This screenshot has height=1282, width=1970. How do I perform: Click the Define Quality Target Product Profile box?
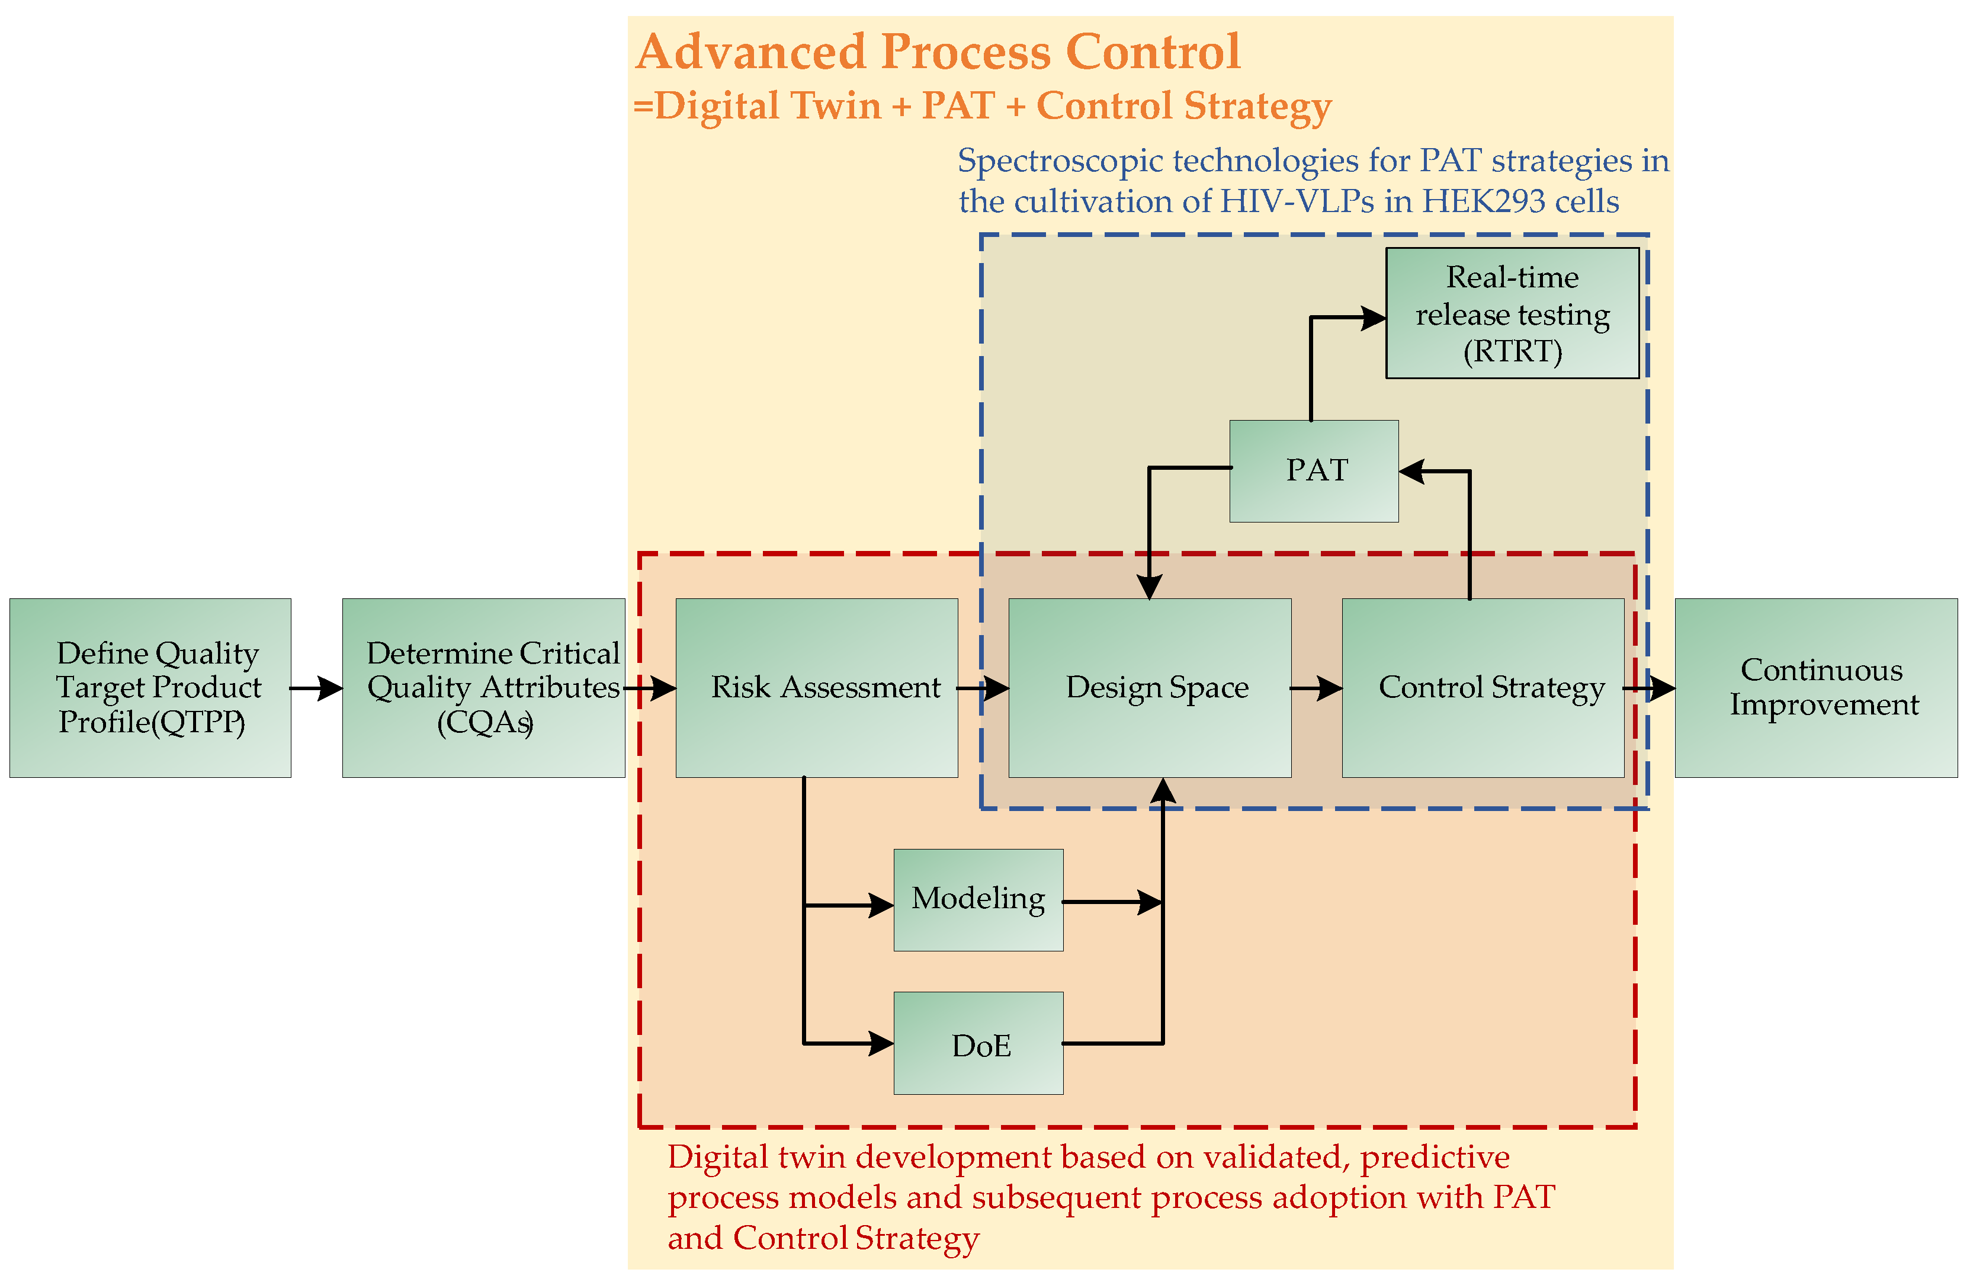(x=150, y=688)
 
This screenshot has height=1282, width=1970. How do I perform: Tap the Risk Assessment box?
(x=816, y=688)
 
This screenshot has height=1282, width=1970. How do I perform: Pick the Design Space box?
(x=1150, y=688)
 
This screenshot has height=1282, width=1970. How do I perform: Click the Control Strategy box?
(x=1483, y=688)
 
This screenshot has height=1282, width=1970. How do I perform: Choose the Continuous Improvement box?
(x=1816, y=688)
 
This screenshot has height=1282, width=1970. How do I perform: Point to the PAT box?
(x=1314, y=471)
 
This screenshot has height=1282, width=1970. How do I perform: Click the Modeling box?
(x=978, y=900)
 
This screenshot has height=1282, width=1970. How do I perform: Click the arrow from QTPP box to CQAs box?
(x=317, y=688)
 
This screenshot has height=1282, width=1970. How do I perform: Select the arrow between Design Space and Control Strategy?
(x=1317, y=688)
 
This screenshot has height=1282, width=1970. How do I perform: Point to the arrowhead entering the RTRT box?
(x=1375, y=317)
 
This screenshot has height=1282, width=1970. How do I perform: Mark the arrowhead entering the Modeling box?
(x=881, y=905)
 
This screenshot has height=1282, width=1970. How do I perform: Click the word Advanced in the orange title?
(x=751, y=52)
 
